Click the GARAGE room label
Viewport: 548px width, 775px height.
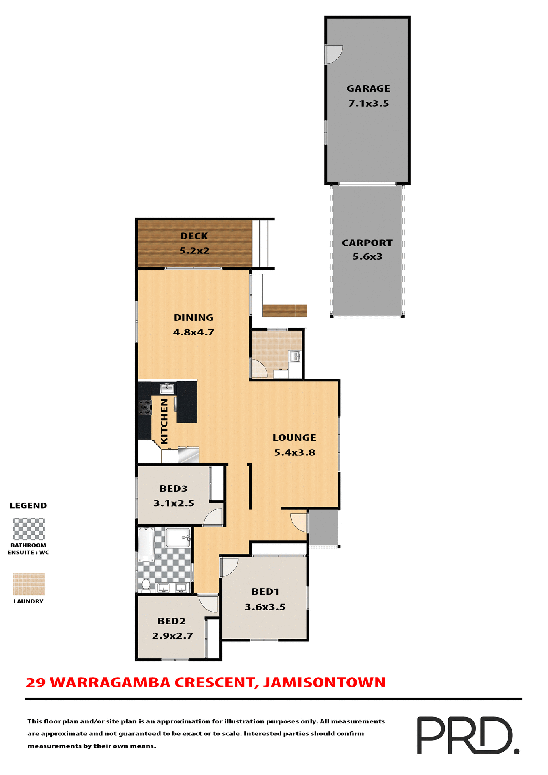[368, 88]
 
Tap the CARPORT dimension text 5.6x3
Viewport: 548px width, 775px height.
[367, 257]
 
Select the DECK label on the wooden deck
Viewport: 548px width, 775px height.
[194, 236]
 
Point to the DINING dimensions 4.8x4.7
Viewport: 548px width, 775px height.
[193, 333]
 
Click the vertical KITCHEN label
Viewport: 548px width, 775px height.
[164, 421]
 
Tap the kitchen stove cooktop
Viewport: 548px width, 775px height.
[145, 407]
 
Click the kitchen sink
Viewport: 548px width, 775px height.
[167, 389]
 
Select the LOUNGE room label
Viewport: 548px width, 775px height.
[294, 438]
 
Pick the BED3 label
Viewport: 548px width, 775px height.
[173, 488]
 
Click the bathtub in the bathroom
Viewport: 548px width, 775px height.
[146, 545]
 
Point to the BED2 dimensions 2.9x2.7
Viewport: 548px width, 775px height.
[172, 636]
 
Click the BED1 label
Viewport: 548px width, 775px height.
[265, 591]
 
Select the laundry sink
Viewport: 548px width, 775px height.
[295, 356]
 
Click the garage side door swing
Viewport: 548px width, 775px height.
[334, 54]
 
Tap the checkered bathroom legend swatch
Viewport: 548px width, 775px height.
[29, 529]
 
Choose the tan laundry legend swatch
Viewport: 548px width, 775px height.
[29, 584]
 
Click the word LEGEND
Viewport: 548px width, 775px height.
[28, 505]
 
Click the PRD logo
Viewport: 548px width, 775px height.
[468, 735]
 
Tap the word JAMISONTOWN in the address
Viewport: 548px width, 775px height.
[325, 683]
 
